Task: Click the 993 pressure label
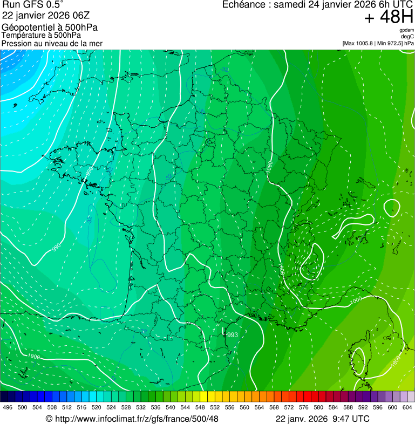(x=232, y=335)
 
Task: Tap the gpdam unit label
(x=406, y=30)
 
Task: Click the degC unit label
(x=408, y=37)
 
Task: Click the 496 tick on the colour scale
(x=8, y=407)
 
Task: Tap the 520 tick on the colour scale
(x=97, y=407)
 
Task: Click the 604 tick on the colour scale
(x=407, y=407)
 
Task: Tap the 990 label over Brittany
(x=89, y=172)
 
